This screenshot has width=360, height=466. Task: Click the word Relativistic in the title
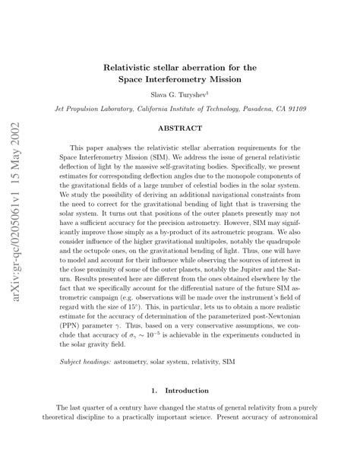[134, 66]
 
